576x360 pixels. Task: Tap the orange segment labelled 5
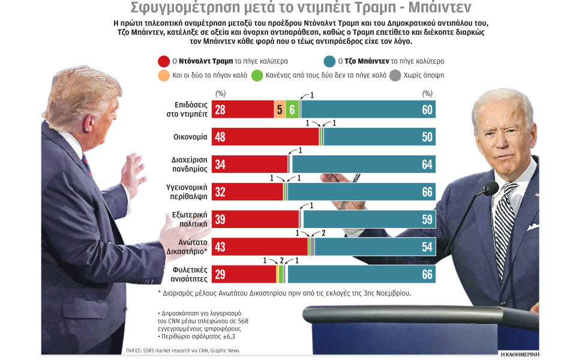[x=280, y=110]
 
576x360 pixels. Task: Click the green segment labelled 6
[x=292, y=110]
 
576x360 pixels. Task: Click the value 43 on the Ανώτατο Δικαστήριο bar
[x=220, y=247]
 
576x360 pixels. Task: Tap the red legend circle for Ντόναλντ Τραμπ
[x=163, y=61]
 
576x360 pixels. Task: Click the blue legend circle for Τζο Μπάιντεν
[x=329, y=61]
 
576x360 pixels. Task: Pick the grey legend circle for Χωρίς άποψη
[x=394, y=76]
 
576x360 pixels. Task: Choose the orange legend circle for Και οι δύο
[x=163, y=76]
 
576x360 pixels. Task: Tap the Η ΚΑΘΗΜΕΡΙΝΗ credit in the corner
[x=520, y=354]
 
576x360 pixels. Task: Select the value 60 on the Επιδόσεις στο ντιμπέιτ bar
[x=427, y=110]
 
